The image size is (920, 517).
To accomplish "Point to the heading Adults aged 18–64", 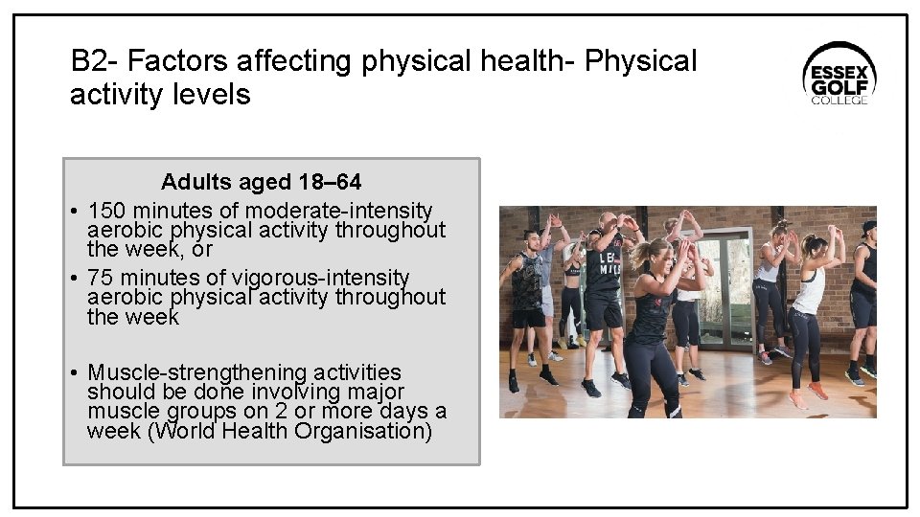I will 261,182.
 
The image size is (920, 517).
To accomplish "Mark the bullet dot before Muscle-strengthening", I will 74,372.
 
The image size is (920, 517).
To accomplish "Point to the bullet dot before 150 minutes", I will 74,211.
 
